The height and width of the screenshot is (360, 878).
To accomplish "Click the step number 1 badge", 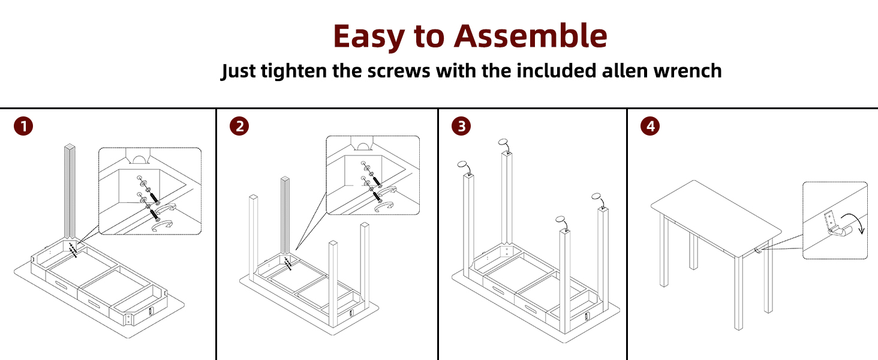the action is (x=23, y=127).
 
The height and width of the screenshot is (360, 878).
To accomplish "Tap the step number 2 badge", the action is (x=239, y=127).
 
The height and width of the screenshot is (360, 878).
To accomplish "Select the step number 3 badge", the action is (x=461, y=127).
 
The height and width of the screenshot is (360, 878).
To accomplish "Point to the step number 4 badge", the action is (x=650, y=127).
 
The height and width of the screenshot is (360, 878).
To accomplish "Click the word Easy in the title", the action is (x=368, y=37).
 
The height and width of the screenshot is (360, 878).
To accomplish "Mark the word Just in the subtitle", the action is (x=239, y=71).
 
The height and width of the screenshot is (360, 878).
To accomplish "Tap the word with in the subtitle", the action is (x=455, y=71).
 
